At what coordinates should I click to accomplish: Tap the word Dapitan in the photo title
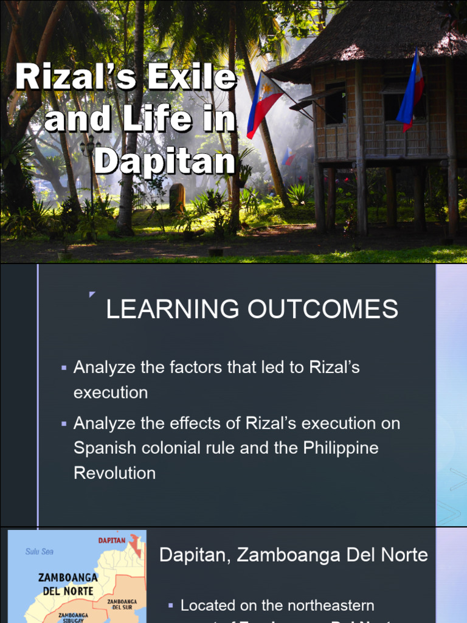click(165, 161)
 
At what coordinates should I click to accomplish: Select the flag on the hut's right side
click(411, 91)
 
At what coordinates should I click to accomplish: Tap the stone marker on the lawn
click(177, 197)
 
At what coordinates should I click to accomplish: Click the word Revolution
click(114, 473)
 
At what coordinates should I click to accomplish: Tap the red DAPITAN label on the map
click(112, 540)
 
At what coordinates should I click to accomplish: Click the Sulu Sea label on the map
click(40, 551)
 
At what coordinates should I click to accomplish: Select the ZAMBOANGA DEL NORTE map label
click(67, 583)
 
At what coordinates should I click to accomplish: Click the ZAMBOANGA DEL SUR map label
click(122, 604)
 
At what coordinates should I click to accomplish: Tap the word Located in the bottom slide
click(209, 605)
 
